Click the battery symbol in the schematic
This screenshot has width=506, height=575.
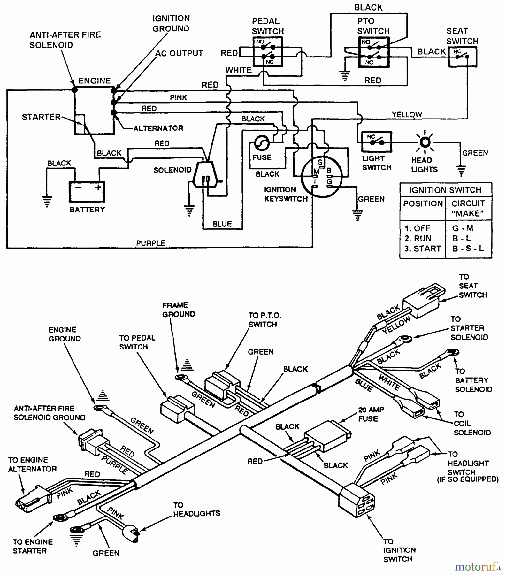[87, 192]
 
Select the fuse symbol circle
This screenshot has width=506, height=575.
[262, 143]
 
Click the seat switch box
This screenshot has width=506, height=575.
[462, 57]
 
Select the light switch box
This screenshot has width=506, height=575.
[376, 142]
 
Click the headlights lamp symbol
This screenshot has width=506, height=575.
[425, 142]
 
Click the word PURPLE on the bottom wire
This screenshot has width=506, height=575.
[150, 243]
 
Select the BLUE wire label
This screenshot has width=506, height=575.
[222, 224]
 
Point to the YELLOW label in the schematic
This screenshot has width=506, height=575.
[407, 114]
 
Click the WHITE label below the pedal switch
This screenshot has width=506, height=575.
[238, 70]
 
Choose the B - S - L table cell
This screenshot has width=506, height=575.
[468, 249]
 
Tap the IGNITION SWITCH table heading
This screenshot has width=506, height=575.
[445, 190]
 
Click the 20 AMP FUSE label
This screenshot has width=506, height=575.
[371, 414]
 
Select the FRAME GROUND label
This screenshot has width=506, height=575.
[178, 310]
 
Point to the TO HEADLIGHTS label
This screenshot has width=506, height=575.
[196, 509]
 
